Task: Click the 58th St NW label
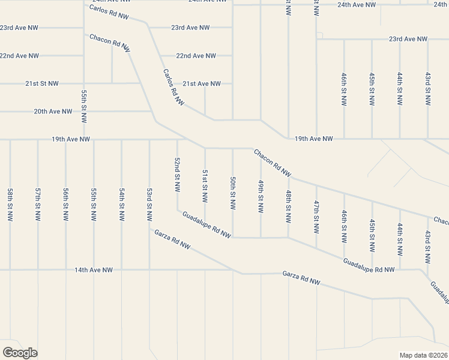[10, 205]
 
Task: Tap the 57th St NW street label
[38, 205]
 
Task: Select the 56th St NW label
[65, 205]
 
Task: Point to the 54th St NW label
[122, 205]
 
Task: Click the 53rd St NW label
[149, 205]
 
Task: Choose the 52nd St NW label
[177, 175]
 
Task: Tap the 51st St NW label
[205, 186]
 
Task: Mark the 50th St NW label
[232, 193]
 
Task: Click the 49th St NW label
[261, 196]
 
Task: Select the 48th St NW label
[289, 205]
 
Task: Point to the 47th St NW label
[316, 216]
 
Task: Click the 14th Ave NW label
[94, 270]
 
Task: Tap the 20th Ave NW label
[53, 112]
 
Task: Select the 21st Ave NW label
[202, 83]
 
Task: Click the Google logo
[20, 353]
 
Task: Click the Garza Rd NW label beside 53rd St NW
[172, 239]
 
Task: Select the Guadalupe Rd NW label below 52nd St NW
[206, 224]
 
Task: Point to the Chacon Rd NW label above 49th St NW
[273, 163]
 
